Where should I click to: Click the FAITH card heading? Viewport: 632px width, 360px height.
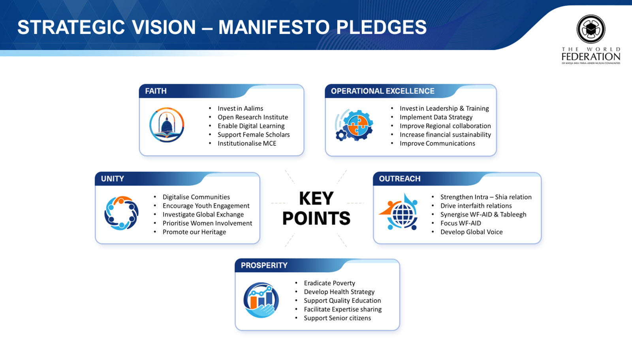156,91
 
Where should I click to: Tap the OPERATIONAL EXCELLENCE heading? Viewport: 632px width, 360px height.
382,91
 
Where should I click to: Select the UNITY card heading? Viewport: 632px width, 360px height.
112,179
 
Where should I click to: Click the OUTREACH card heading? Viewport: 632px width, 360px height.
399,179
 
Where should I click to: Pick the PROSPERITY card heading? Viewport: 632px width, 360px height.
264,266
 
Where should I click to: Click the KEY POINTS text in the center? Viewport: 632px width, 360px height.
316,208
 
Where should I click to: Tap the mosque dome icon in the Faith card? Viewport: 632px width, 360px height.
167,125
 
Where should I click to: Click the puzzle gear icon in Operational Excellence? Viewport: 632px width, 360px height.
354,125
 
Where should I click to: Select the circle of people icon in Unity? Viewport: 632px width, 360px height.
121,213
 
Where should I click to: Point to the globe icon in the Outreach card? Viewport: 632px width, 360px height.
400,213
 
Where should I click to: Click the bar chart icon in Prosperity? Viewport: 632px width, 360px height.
261,300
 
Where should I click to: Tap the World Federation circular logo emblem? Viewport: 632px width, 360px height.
591,29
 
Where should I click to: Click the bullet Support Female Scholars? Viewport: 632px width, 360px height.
254,135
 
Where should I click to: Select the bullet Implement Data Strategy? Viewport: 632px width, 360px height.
436,117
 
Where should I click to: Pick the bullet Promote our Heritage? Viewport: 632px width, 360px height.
194,232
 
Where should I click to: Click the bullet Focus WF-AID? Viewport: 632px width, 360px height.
461,223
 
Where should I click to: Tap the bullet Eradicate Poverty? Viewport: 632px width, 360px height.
329,283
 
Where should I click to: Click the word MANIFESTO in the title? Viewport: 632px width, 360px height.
274,27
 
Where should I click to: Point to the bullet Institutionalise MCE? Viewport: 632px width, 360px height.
247,143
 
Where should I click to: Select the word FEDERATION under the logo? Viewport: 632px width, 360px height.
591,57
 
